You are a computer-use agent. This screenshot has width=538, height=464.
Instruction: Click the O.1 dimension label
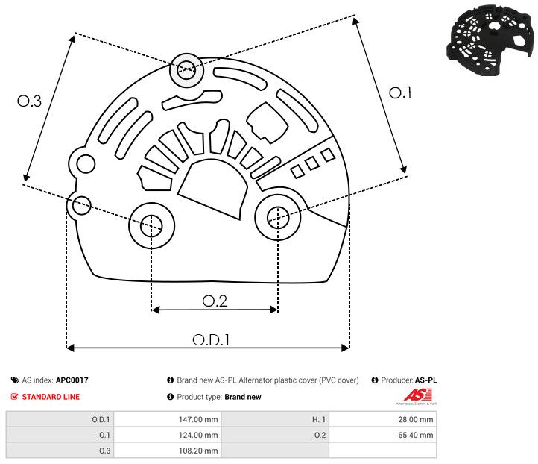click(x=400, y=93)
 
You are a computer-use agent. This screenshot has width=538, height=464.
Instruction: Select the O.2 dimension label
click(x=215, y=300)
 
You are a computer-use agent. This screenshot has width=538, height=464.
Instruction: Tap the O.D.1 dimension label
click(x=211, y=339)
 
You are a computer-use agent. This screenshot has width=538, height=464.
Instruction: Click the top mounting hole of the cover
click(x=185, y=72)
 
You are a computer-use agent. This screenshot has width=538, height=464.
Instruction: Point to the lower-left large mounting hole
click(x=151, y=223)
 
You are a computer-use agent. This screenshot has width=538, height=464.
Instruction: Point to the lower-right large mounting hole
click(x=278, y=217)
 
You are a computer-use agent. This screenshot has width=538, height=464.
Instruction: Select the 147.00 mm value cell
click(x=197, y=419)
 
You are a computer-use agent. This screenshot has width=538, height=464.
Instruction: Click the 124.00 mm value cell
click(x=197, y=435)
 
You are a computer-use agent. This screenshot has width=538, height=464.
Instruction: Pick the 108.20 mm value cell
click(x=197, y=451)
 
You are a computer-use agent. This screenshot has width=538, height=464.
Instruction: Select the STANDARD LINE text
click(x=51, y=397)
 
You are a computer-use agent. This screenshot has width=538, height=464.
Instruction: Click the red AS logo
click(x=414, y=395)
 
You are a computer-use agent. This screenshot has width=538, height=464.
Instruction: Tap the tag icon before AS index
click(x=15, y=380)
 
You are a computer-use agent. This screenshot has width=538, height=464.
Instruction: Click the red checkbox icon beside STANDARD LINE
click(x=15, y=397)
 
